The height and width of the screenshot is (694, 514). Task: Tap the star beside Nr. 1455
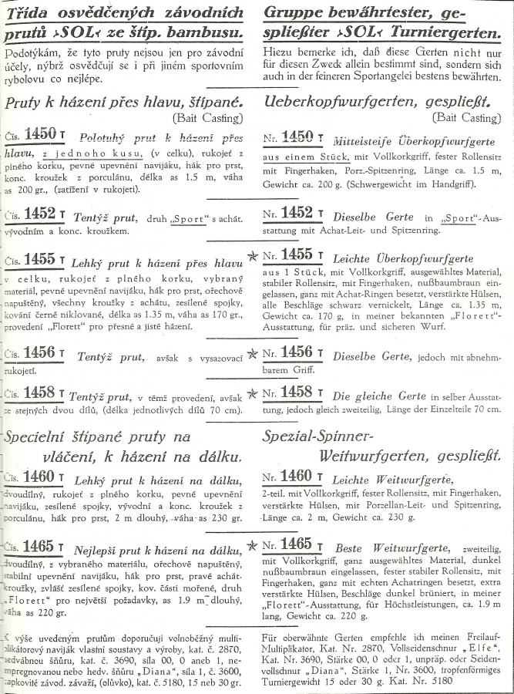(252, 255)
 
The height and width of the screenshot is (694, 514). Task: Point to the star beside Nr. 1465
(252, 545)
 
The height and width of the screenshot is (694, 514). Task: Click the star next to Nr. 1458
(252, 393)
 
